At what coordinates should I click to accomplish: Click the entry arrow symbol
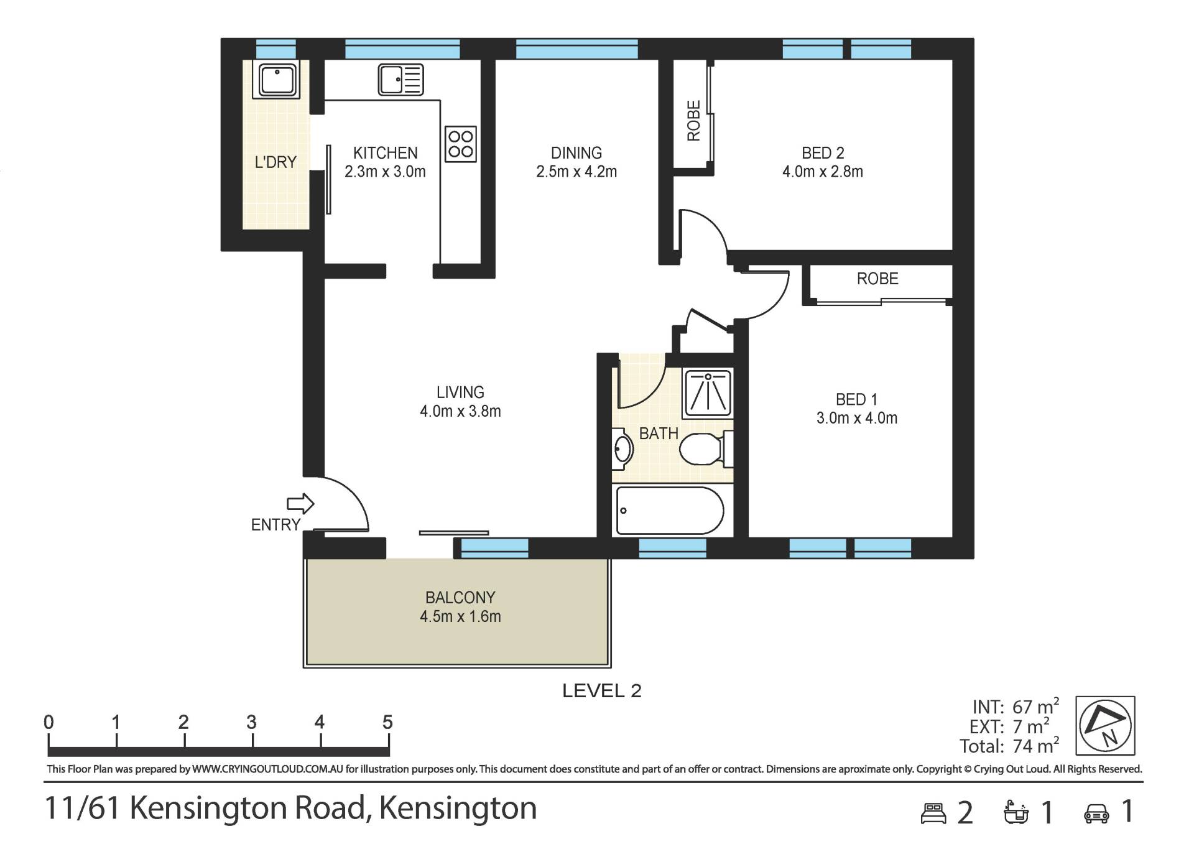pyautogui.click(x=300, y=503)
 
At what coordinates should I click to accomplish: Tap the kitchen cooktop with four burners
pyautogui.click(x=461, y=144)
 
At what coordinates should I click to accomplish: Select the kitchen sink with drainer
pyautogui.click(x=401, y=80)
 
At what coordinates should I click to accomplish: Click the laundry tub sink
pyautogui.click(x=276, y=80)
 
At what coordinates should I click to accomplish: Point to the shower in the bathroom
pyautogui.click(x=707, y=393)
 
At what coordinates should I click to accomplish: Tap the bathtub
pyautogui.click(x=670, y=511)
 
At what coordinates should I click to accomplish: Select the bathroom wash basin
pyautogui.click(x=622, y=450)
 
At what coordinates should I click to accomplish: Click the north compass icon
pyautogui.click(x=1106, y=726)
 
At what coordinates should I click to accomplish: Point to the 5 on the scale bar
pyautogui.click(x=387, y=722)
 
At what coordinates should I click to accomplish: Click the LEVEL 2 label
pyautogui.click(x=601, y=691)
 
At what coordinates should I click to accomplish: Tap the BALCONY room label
pyautogui.click(x=460, y=598)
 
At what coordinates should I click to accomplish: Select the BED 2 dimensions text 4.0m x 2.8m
pyautogui.click(x=823, y=172)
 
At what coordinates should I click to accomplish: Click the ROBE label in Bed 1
pyautogui.click(x=877, y=279)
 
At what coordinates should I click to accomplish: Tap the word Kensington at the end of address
pyautogui.click(x=458, y=809)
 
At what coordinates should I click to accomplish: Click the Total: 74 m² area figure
pyautogui.click(x=1009, y=745)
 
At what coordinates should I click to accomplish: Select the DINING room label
pyautogui.click(x=576, y=153)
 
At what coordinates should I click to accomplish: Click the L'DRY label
pyautogui.click(x=275, y=162)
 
